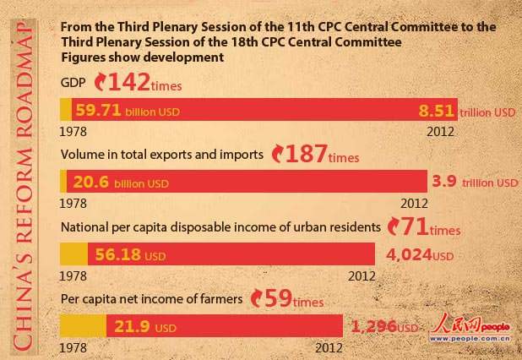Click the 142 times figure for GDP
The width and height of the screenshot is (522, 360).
tap(136, 82)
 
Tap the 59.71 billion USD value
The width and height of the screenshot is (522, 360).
tap(127, 111)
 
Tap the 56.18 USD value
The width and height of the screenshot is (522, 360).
tap(117, 254)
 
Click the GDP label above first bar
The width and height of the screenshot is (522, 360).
tap(73, 83)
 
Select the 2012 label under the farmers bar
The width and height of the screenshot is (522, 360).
tap(329, 347)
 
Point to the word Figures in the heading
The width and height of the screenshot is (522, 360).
tap(83, 58)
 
